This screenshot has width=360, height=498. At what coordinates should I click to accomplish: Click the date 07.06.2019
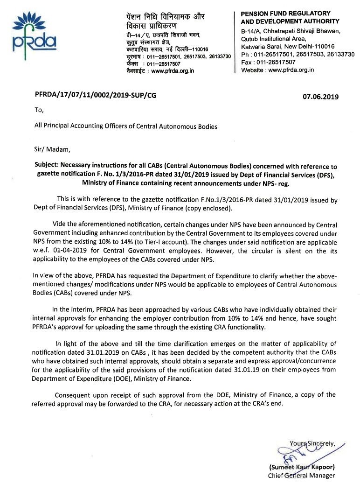click(320, 97)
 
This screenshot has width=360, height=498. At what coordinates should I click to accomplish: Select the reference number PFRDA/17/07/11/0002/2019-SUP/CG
click(96, 95)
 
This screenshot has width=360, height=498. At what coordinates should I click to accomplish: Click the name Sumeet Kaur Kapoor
click(302, 467)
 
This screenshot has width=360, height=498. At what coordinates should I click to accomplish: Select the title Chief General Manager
click(301, 476)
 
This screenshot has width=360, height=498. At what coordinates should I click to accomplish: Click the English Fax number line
click(268, 62)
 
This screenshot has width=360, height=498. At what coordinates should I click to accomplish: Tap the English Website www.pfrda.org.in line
click(277, 70)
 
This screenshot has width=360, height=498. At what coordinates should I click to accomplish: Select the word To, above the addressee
click(39, 111)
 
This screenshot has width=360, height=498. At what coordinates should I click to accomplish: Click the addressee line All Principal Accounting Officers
click(126, 126)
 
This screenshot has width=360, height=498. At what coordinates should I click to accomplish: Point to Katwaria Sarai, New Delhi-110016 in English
click(287, 47)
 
